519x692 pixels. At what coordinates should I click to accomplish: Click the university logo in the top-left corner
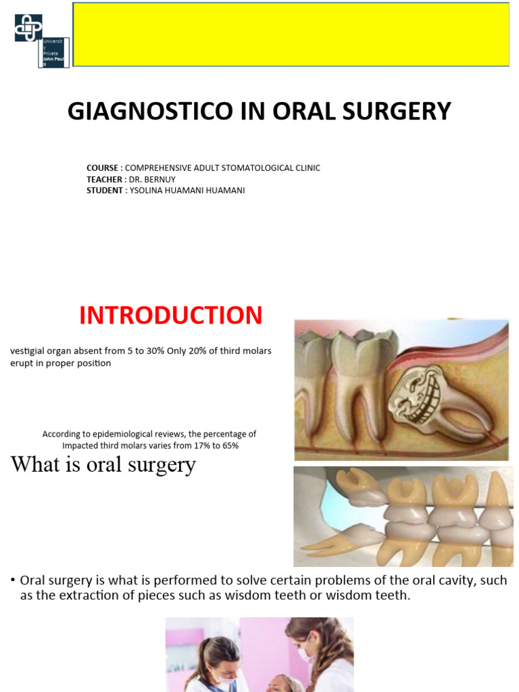pyautogui.click(x=28, y=28)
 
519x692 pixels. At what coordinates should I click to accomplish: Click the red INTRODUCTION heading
pyautogui.click(x=171, y=316)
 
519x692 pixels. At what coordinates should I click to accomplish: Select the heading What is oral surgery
pyautogui.click(x=103, y=465)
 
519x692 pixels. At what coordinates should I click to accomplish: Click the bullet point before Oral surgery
pyautogui.click(x=13, y=581)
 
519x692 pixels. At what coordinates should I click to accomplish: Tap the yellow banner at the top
pyautogui.click(x=291, y=34)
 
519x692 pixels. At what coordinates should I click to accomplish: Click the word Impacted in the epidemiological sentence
pyautogui.click(x=81, y=445)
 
